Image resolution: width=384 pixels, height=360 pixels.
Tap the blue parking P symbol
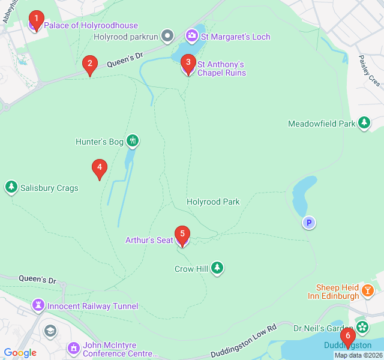point(308,223)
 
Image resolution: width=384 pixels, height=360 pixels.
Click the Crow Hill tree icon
point(217,268)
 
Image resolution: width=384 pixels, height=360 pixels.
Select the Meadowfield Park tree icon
point(364,124)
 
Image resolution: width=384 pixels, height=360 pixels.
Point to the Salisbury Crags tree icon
point(11,187)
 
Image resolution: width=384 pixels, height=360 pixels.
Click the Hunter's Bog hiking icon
point(133,142)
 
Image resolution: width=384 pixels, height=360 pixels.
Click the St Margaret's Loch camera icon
point(192,36)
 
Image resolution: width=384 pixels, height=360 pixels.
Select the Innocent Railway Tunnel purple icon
point(38,305)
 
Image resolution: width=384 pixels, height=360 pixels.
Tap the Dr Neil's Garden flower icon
point(362,328)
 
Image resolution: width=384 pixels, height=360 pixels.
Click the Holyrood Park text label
point(213,202)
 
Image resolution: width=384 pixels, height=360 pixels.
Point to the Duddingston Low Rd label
point(244,341)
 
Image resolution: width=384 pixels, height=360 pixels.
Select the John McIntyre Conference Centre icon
point(74,348)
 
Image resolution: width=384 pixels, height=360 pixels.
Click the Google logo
point(20,352)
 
